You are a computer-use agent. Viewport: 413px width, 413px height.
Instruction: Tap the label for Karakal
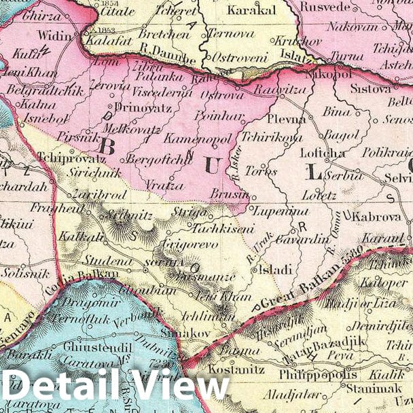pos(251,11)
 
